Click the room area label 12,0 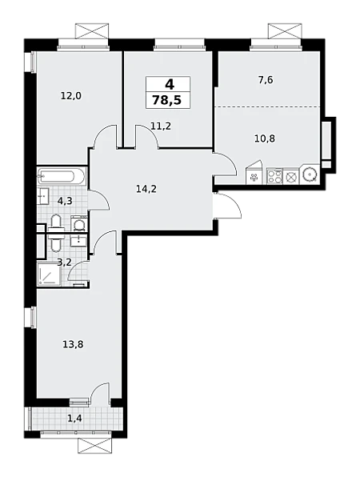coord(71,96)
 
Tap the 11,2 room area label coord(161,126)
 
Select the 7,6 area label coord(266,80)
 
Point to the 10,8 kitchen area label coord(265,138)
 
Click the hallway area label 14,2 coord(146,189)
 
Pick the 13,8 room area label coord(73,345)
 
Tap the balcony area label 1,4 coord(74,419)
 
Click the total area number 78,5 coord(167,100)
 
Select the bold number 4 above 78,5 coord(170,84)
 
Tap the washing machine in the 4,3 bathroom coord(79,225)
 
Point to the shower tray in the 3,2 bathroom coord(49,274)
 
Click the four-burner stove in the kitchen coord(274,176)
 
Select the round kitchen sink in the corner coord(310,174)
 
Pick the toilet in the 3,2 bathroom coord(56,242)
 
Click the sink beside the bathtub coord(43,196)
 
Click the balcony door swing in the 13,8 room coord(100,395)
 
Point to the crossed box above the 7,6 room coord(285,30)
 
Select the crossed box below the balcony coord(94,446)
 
